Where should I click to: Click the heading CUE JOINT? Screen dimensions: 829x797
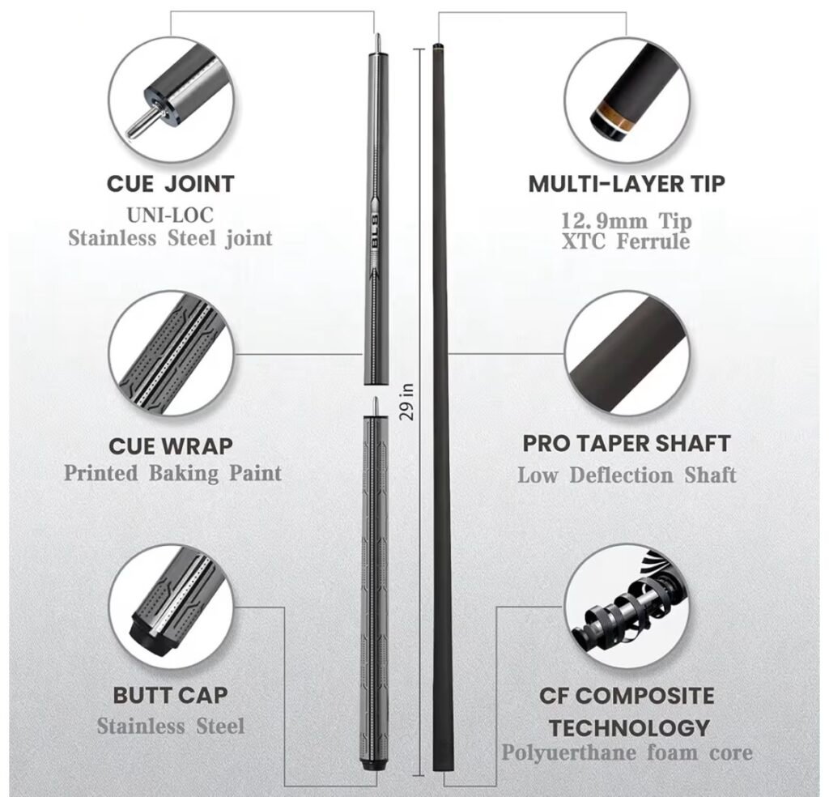(x=170, y=184)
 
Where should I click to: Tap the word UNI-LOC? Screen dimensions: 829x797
(x=170, y=215)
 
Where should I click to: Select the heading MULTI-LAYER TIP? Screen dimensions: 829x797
(x=627, y=184)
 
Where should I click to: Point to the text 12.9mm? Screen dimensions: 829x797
(x=604, y=220)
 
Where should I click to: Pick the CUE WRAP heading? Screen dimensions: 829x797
(x=170, y=445)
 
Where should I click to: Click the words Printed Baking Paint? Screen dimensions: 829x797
(x=172, y=473)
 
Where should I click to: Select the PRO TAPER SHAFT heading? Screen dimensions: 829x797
(x=627, y=443)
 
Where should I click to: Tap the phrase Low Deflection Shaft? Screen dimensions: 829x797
(x=627, y=475)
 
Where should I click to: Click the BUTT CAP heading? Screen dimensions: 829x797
(x=170, y=695)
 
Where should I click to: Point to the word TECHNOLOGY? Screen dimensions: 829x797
(x=628, y=727)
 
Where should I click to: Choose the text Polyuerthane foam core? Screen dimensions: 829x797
(x=627, y=752)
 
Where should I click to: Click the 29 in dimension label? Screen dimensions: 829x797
(x=406, y=402)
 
